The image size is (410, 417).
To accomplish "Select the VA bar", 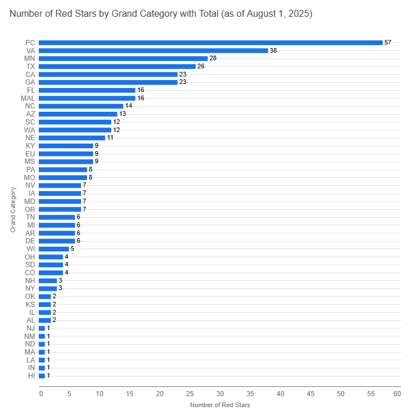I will [x=153, y=50].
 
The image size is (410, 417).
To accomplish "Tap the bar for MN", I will [x=123, y=58].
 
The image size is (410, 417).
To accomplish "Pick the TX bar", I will [x=117, y=67].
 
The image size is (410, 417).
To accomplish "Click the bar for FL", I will [x=87, y=90].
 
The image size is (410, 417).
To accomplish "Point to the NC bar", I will [x=81, y=106].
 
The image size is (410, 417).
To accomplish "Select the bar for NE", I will [x=72, y=138].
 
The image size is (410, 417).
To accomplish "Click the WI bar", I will [x=54, y=249].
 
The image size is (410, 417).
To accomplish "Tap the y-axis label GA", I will [x=31, y=82].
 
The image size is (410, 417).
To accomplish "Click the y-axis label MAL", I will [x=28, y=98].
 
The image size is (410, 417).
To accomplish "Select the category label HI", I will [x=32, y=376].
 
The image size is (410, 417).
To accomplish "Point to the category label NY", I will [x=30, y=288].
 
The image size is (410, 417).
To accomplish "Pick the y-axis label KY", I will [x=31, y=146].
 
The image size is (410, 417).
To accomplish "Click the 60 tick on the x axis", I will [x=397, y=394].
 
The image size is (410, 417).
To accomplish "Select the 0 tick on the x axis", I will [x=41, y=394].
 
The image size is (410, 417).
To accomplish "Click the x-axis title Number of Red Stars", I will [x=220, y=405].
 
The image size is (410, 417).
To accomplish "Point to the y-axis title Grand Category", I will [x=13, y=209].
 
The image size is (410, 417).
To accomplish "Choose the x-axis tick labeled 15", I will [x=130, y=394].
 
